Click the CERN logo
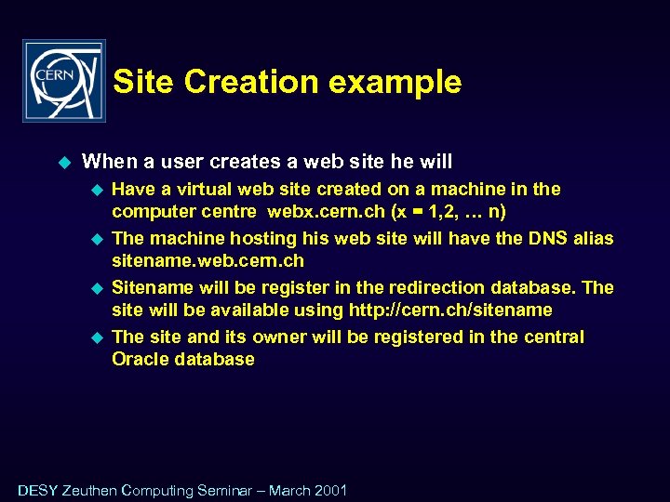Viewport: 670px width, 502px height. click(64, 81)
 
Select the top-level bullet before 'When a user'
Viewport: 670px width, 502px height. click(64, 162)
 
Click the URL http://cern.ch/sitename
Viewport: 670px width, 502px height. click(449, 310)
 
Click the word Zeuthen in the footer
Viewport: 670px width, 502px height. click(89, 490)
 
